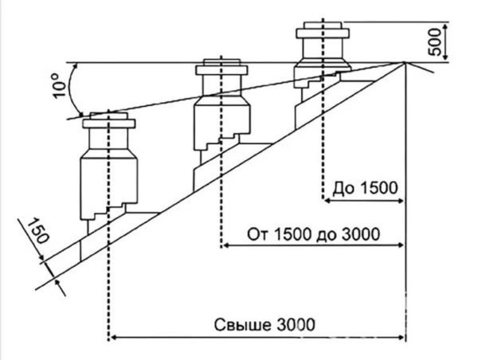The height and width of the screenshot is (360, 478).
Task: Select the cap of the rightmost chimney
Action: click(323, 33)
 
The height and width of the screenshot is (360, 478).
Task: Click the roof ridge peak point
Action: click(405, 63)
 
